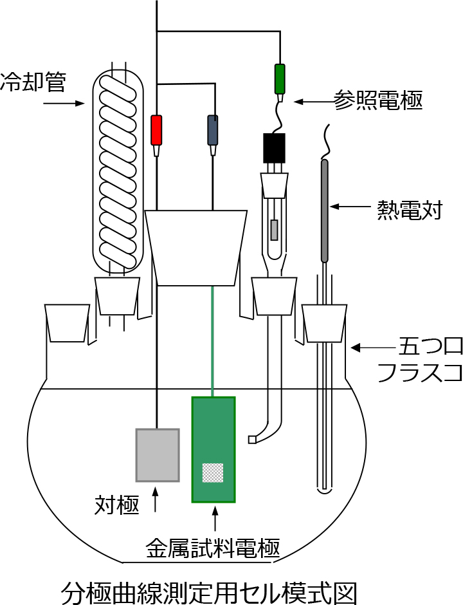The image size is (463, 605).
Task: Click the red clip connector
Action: click(156, 129)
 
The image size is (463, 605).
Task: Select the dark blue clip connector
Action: click(212, 129)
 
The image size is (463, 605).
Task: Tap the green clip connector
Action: click(280, 79)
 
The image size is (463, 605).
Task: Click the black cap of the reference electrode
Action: click(273, 148)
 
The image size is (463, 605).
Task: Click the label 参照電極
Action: click(378, 100)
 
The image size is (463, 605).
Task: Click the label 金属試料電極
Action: click(213, 548)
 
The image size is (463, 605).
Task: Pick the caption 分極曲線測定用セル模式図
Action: click(208, 590)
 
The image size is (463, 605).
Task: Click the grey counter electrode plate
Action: click(157, 454)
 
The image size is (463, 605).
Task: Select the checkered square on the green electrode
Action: click(212, 472)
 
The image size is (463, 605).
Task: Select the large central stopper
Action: click(195, 247)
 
